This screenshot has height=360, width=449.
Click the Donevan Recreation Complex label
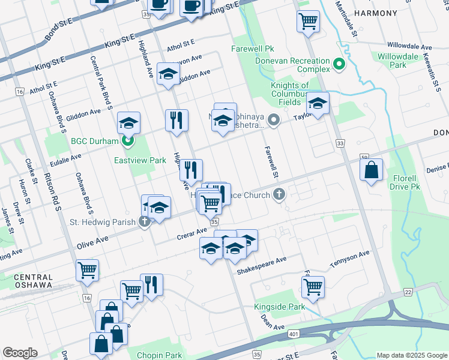pyautogui.click(x=284, y=65)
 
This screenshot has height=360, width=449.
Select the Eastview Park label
pyautogui.click(x=140, y=160)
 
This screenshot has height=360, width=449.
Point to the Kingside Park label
pyautogui.click(x=279, y=307)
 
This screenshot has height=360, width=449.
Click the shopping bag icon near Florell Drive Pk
pyautogui.click(x=372, y=169)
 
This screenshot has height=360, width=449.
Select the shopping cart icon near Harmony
pyautogui.click(x=308, y=21)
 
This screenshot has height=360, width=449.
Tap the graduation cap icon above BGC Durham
pyautogui.click(x=128, y=123)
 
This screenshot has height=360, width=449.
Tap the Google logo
pyautogui.click(x=20, y=353)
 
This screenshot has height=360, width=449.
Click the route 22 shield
pyautogui.click(x=408, y=292)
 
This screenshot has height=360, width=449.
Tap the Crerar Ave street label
pyautogui.click(x=191, y=233)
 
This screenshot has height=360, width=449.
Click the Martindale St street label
pyautogui.click(x=347, y=18)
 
